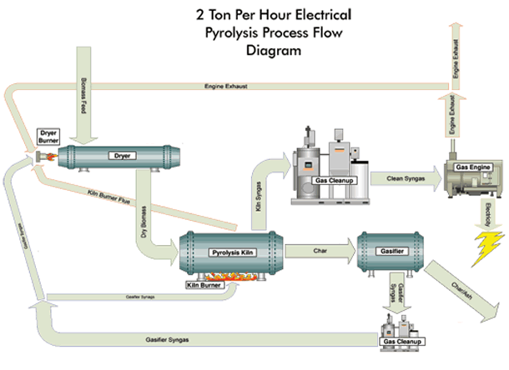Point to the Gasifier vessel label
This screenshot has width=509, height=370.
click(x=391, y=250)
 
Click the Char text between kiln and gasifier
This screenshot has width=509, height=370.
click(x=320, y=250)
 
